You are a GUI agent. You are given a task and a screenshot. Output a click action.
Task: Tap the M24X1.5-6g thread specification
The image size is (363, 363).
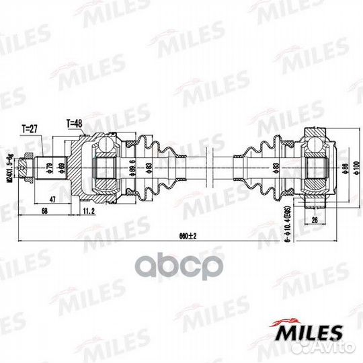click(x=10, y=165)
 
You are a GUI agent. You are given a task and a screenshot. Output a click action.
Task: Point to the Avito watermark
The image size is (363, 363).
click(x=336, y=352)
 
